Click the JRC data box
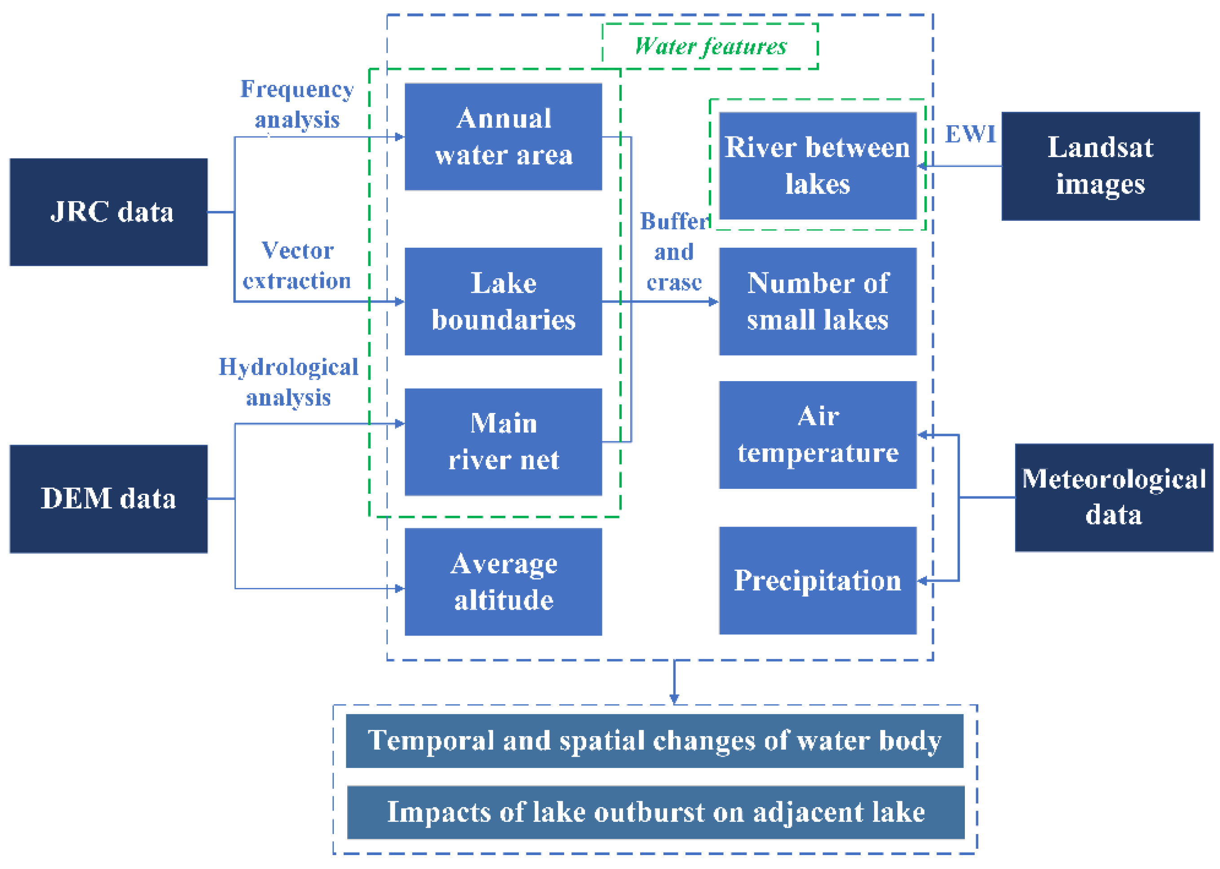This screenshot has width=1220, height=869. point(108,212)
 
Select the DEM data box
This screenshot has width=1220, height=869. point(108,499)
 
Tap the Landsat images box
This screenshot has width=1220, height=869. point(1100,166)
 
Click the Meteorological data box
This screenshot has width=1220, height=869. point(1114,497)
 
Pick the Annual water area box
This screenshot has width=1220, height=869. point(503,136)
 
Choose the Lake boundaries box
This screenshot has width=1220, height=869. point(503,301)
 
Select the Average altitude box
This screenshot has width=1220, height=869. point(503,582)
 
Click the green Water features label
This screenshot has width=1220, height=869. point(710,47)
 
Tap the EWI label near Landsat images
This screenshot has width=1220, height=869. point(970,134)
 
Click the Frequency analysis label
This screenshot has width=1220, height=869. point(297,104)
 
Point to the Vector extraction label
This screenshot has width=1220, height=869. point(297,265)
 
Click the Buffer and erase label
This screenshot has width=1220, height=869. point(674,251)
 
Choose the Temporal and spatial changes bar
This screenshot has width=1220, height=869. point(654,741)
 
